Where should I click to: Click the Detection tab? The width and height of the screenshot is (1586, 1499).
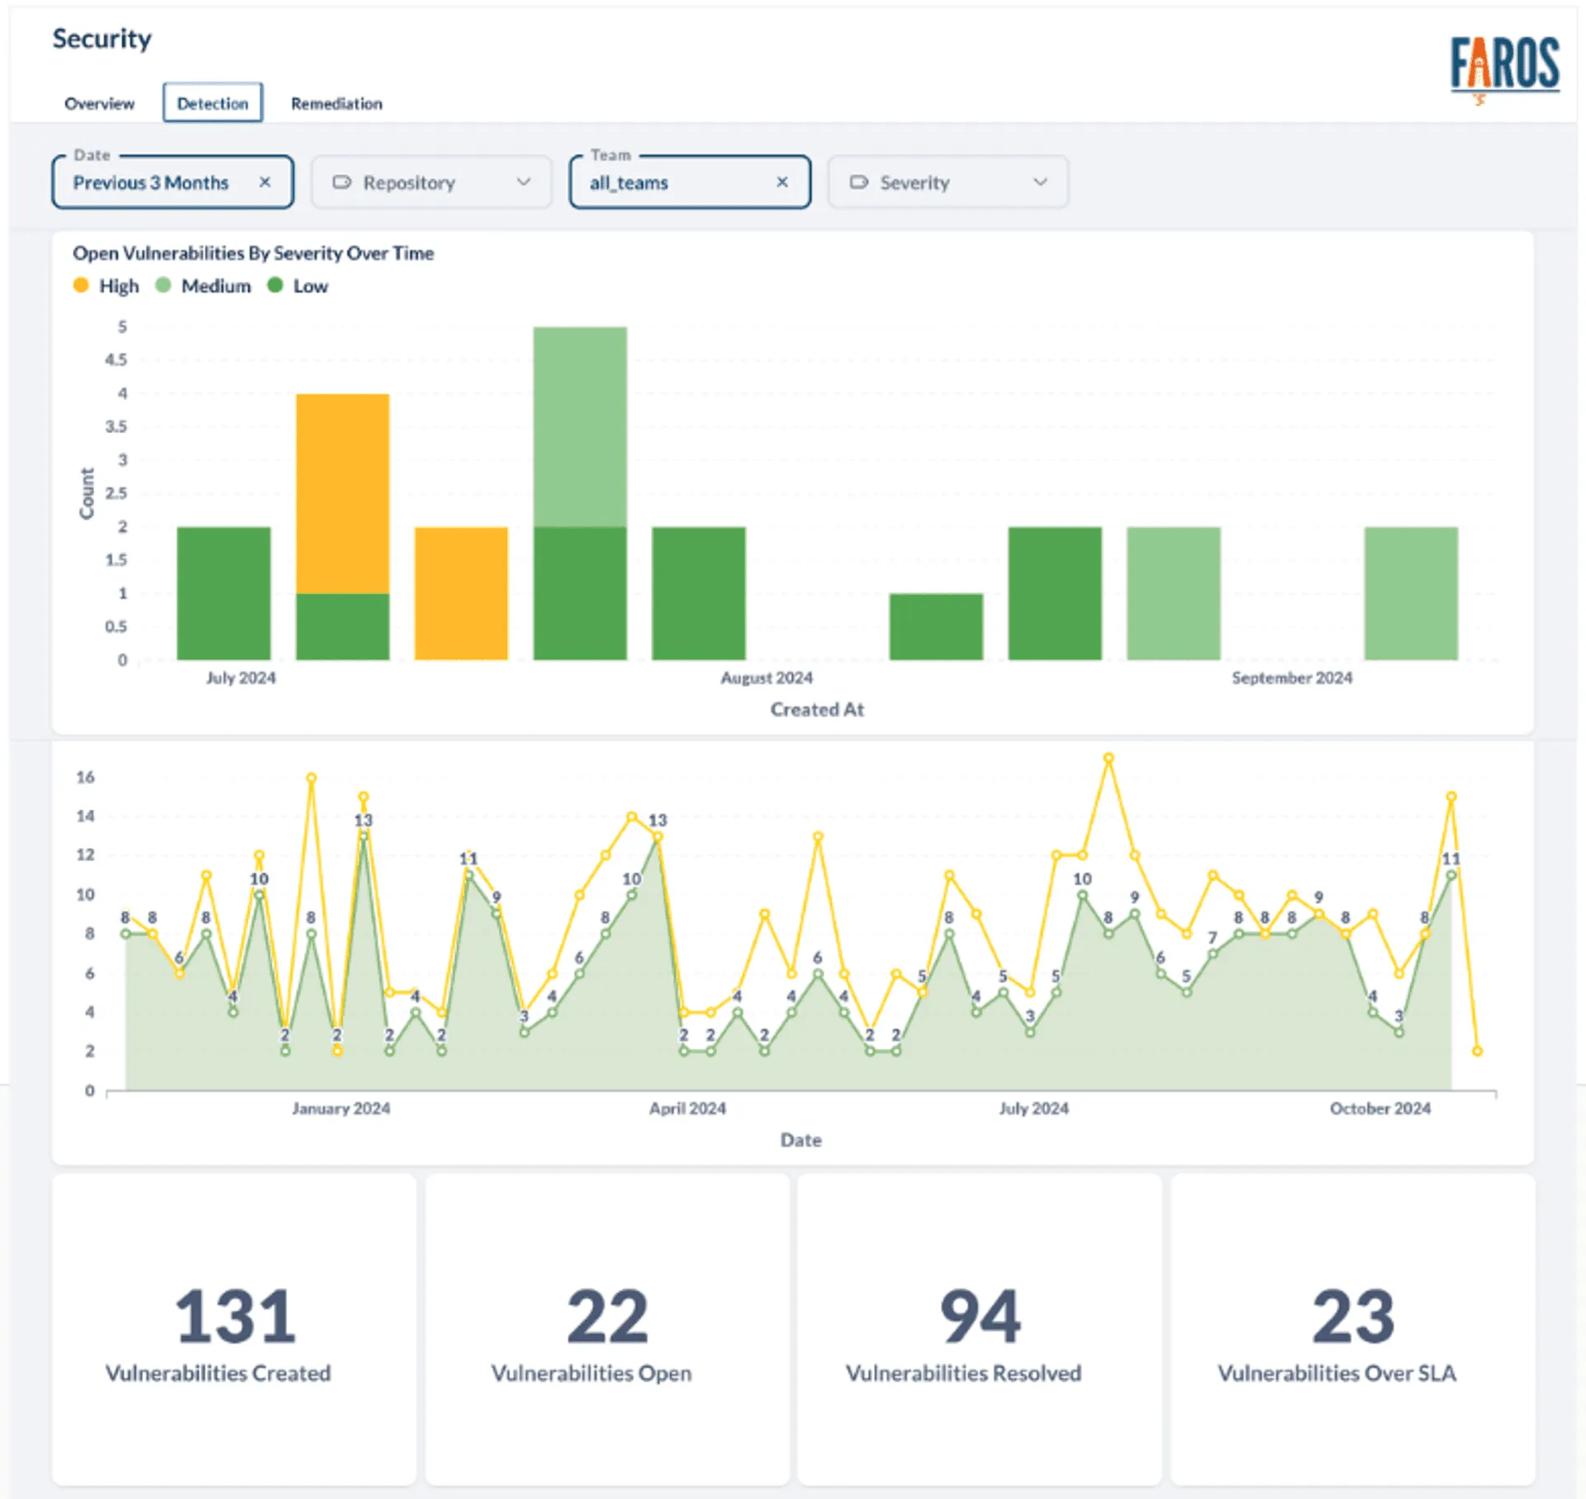coord(212,103)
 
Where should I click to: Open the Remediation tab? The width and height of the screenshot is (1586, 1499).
coord(336,104)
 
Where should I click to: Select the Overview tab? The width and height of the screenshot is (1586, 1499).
coord(99,104)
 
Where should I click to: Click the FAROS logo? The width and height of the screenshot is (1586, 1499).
coord(1504,65)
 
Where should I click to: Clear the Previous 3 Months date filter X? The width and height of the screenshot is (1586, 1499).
coord(264,182)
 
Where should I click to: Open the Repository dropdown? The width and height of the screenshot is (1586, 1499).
coord(431,182)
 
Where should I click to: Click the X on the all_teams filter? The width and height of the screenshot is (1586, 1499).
coord(781,182)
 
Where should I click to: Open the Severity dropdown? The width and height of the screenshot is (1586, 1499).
coord(947,182)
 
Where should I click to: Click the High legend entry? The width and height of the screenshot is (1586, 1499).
coord(107,286)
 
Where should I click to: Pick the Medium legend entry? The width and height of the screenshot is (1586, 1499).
coord(204,286)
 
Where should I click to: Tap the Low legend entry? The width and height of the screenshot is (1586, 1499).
coord(299,286)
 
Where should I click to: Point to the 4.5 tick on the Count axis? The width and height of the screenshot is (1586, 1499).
coord(116,359)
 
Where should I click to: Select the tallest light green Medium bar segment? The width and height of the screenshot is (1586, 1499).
coord(580,426)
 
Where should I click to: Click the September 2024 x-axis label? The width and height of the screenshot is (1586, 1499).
coord(1292,678)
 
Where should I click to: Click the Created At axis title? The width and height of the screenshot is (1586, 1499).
coord(817,709)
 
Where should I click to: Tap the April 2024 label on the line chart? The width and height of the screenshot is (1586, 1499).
coord(687,1108)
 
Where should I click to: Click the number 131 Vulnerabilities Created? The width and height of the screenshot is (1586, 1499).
coord(235,1316)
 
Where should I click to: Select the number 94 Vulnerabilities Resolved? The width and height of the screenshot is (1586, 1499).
coord(980,1316)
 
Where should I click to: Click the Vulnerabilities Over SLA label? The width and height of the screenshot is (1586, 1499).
coord(1337,1373)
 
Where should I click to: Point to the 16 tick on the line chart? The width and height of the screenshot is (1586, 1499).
coord(85,777)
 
